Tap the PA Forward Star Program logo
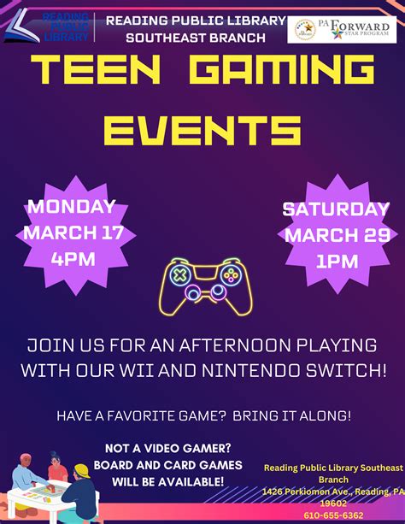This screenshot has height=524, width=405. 341,28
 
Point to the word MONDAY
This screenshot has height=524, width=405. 72,206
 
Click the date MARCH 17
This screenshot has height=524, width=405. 73,233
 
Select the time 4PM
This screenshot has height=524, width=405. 73,258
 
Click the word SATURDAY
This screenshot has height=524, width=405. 336,209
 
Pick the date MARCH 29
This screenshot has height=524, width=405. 337,236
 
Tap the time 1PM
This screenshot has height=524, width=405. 337,262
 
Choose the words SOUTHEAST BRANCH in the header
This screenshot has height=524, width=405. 196,38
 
